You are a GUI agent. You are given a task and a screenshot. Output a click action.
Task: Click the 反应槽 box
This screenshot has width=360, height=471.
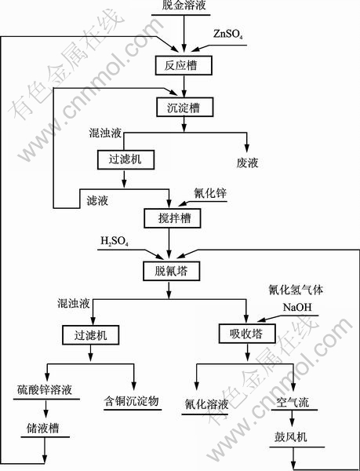point(184,65)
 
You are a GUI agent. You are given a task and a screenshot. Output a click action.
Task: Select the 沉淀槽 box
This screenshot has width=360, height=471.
point(185,108)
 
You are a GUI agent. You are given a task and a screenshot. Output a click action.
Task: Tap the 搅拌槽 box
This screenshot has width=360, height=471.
point(173,218)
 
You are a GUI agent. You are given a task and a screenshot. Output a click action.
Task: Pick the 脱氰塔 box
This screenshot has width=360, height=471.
point(171,272)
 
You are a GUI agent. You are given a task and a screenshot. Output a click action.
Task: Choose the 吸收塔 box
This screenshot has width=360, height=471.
point(247,334)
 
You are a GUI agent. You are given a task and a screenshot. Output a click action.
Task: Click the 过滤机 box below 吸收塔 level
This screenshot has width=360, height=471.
point(91,334)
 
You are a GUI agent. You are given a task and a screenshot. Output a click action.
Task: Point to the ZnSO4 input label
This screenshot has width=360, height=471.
point(228,34)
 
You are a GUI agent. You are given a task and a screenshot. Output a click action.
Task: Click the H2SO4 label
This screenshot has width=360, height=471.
point(115,241)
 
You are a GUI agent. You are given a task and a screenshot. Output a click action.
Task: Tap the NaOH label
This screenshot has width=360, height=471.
point(297,307)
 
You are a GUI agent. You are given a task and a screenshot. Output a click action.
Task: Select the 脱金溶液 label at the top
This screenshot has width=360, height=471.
point(184,5)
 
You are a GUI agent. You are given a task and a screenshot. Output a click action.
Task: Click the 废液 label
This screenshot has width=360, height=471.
point(247,163)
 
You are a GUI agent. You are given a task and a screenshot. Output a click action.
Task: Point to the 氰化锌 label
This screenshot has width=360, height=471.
point(210,193)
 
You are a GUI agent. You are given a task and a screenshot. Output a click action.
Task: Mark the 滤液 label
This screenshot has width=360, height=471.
point(97,201)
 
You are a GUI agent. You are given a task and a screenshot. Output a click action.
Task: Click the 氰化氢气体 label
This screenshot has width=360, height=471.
point(296,290)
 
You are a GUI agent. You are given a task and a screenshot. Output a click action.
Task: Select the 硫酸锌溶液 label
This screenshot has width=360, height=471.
point(45,390)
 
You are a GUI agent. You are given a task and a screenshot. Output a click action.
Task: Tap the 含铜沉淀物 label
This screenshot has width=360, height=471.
point(131,401)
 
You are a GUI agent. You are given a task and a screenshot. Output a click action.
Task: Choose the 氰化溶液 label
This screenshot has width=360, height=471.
point(206,404)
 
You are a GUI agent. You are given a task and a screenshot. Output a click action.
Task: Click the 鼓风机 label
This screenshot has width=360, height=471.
point(291,437)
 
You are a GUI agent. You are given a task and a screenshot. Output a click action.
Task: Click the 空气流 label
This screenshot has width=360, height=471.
point(293,403)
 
